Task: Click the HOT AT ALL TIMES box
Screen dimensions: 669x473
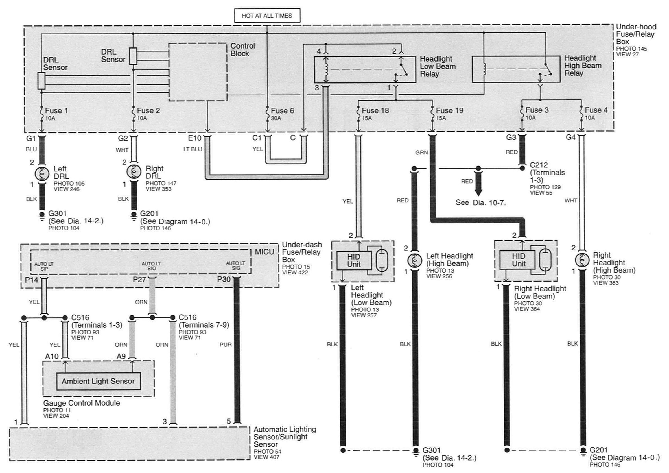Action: point(267,16)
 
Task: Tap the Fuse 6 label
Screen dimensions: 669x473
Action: point(282,111)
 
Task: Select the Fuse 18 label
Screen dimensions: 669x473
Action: point(375,111)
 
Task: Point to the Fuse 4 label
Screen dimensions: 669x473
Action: point(596,110)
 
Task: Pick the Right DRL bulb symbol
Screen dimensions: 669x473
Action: point(134,172)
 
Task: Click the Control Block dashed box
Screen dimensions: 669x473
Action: point(198,72)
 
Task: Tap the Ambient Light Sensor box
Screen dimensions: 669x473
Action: point(98,381)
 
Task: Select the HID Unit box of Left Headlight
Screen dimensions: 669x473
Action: point(354,261)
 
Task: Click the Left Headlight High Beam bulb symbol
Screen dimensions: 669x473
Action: point(415,260)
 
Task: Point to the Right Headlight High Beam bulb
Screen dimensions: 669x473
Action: point(581,260)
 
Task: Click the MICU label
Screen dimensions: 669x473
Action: point(264,252)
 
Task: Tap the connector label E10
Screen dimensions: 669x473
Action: point(195,138)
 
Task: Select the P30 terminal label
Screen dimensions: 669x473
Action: point(224,280)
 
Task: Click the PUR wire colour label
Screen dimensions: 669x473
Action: point(226,345)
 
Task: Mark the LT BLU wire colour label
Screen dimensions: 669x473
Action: point(193,149)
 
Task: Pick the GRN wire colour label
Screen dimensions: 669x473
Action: point(421,152)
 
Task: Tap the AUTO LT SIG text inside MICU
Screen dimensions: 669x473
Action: point(236,265)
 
